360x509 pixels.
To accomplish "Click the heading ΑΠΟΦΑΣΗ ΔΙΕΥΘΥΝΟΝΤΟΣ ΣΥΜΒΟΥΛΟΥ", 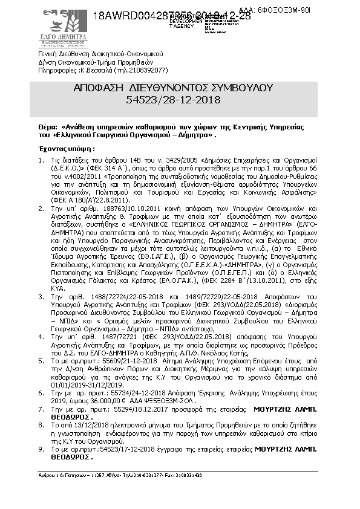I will tap(182, 88).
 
